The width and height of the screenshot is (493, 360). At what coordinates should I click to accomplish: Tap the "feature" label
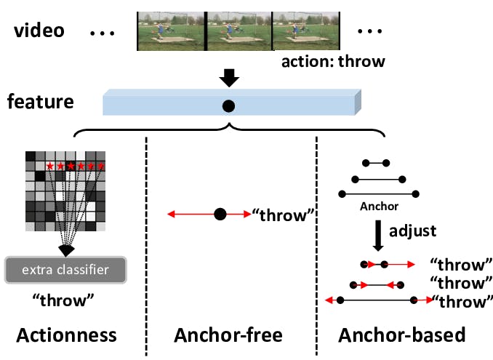(41, 101)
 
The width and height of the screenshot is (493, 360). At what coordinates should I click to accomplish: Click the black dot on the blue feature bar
(228, 106)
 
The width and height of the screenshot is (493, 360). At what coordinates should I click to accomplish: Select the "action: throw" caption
(332, 61)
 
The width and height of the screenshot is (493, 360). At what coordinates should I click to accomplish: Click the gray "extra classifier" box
(65, 271)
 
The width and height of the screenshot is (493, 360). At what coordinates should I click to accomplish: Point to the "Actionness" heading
(66, 335)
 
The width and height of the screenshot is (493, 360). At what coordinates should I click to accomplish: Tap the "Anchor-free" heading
(228, 335)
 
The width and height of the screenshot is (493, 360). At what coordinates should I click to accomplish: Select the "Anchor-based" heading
(402, 335)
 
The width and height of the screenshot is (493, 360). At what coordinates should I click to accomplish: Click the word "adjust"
(412, 231)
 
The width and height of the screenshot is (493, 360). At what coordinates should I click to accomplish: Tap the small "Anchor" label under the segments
(379, 207)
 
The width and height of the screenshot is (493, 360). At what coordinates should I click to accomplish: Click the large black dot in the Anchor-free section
(220, 215)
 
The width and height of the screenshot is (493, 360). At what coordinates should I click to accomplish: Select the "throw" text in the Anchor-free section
(284, 215)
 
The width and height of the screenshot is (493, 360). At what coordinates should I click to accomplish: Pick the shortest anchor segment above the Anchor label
(378, 162)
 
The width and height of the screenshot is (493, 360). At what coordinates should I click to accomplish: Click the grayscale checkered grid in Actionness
(65, 191)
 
